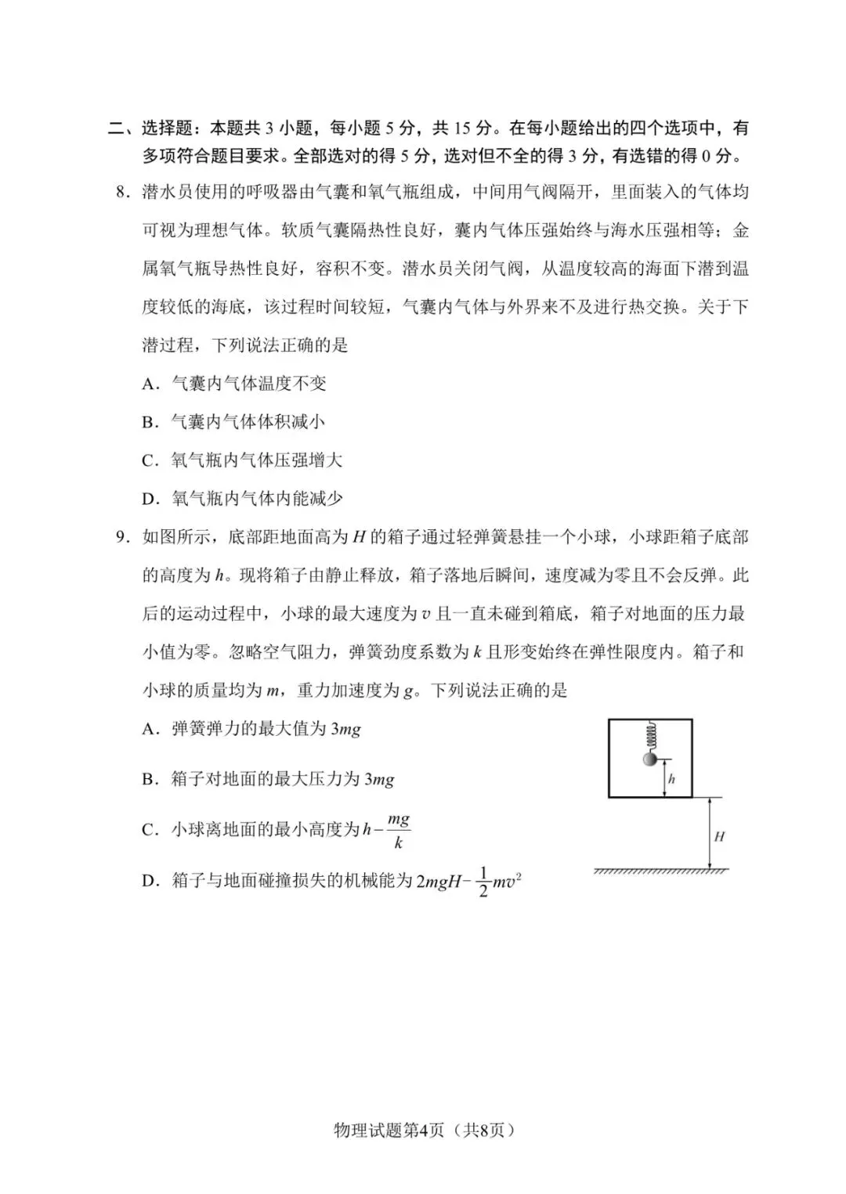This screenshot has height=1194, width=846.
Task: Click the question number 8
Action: (120, 193)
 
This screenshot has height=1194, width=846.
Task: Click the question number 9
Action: (120, 537)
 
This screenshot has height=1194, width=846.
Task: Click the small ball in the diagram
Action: (649, 759)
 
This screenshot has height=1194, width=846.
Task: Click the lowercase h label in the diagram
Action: (671, 779)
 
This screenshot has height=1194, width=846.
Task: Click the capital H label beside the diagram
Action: (719, 836)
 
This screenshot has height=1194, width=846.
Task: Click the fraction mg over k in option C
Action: (398, 831)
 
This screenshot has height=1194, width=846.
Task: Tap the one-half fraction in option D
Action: (483, 882)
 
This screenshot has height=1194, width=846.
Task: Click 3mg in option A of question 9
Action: (345, 729)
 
